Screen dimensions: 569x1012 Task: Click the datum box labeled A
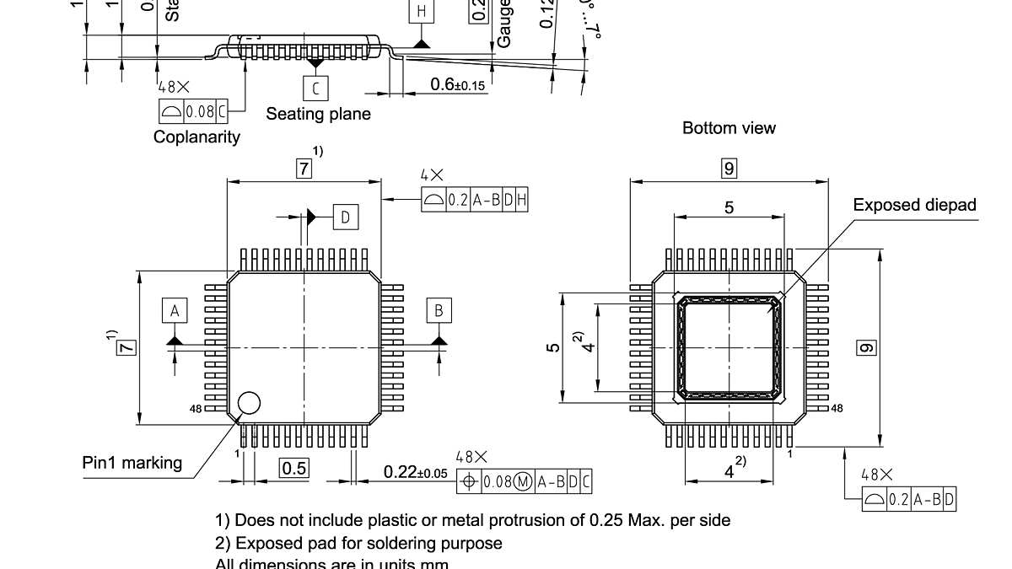[x=175, y=310]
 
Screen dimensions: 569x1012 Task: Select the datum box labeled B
[x=439, y=310]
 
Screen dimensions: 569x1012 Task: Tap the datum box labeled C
[x=316, y=88]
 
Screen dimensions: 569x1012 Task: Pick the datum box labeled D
[x=345, y=217]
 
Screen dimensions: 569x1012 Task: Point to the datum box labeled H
[x=422, y=12]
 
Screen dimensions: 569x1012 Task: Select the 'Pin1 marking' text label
[x=132, y=462]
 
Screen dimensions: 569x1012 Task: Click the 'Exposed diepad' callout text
[x=914, y=205]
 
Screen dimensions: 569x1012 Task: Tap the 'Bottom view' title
[x=729, y=128]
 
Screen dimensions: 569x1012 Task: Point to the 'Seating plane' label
[x=318, y=114]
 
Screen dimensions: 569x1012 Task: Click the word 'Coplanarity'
[x=196, y=137]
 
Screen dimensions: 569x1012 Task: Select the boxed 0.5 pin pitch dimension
[x=293, y=468]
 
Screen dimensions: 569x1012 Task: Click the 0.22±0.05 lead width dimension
[x=415, y=472]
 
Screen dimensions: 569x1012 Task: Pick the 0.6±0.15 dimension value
[x=457, y=84]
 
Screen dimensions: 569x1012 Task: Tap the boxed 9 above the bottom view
[x=729, y=169]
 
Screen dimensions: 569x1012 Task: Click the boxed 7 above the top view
[x=304, y=169]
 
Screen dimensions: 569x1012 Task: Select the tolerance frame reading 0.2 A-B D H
[x=475, y=200]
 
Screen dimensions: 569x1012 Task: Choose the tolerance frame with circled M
[x=524, y=482]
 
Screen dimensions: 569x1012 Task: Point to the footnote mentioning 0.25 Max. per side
[x=472, y=520]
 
